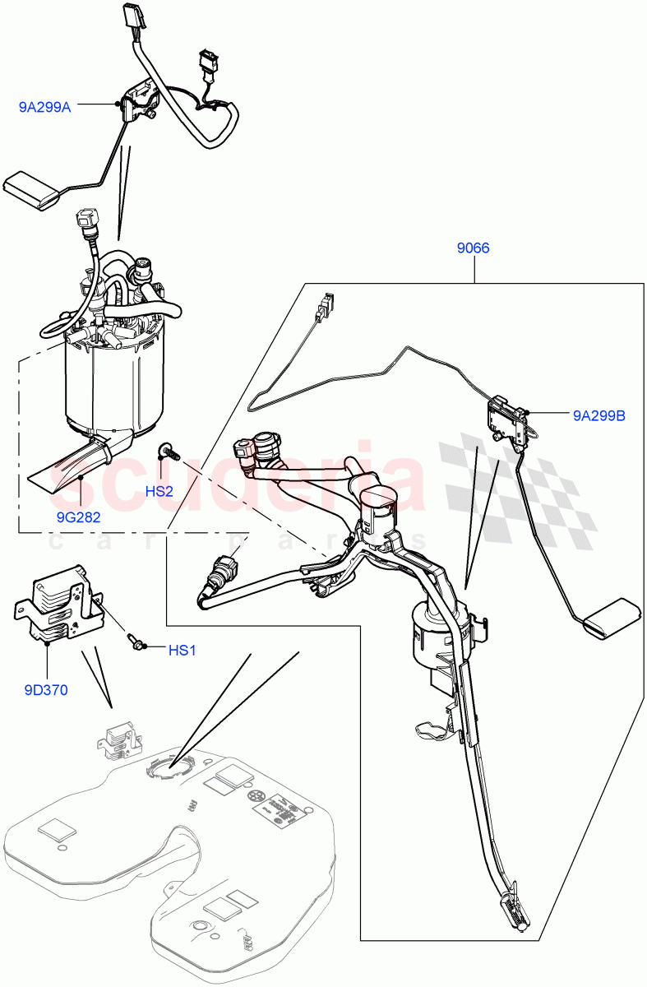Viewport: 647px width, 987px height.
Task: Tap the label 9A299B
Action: pyautogui.click(x=599, y=416)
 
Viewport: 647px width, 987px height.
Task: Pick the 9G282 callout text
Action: pyautogui.click(x=79, y=517)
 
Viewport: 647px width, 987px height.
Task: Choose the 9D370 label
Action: pyautogui.click(x=45, y=690)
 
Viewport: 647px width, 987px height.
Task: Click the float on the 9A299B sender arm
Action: pyautogui.click(x=612, y=616)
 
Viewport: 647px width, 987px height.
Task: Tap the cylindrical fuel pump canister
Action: pyautogui.click(x=115, y=382)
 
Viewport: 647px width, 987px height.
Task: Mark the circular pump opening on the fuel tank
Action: pyautogui.click(x=168, y=766)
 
